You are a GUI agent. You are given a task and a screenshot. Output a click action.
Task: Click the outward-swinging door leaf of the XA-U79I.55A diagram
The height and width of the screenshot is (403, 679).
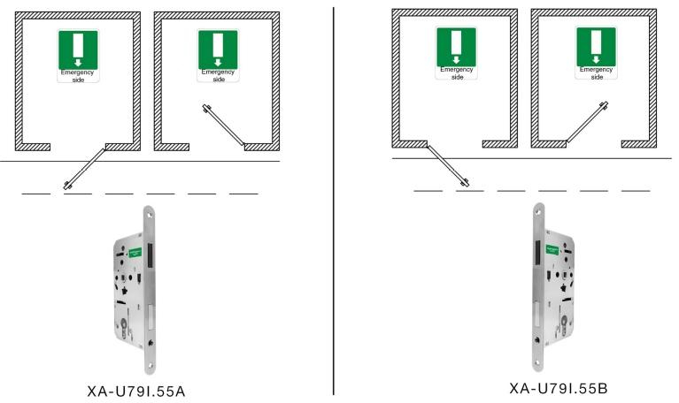click(x=87, y=165)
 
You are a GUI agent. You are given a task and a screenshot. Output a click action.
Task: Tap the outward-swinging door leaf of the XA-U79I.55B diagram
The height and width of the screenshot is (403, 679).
click(x=444, y=163)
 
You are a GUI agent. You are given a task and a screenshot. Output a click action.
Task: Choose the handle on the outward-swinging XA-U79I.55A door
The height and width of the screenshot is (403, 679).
click(x=67, y=184)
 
